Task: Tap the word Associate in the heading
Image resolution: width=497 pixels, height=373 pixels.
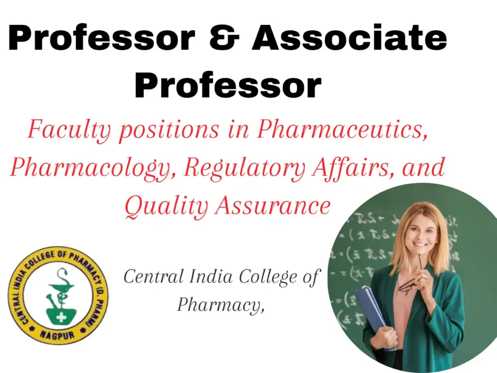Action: point(349,39)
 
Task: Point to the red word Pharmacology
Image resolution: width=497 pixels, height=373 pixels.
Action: point(92,168)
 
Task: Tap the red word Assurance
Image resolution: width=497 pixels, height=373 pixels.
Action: point(273,205)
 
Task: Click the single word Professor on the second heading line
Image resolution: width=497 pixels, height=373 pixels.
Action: point(228,86)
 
